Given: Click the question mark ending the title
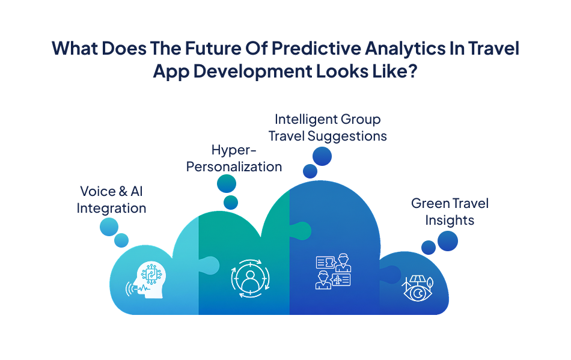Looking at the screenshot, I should coord(412,71).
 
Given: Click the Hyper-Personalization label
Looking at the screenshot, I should coord(234,158).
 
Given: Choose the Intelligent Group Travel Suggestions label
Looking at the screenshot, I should coord(328,127).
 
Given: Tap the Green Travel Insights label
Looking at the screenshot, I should coord(450,212).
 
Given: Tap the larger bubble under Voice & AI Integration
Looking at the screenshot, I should coord(109,227).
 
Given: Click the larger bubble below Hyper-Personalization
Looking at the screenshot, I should coord(227,183).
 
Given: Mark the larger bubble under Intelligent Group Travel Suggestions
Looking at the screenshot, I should coord(322,156).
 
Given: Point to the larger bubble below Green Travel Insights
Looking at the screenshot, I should coord(448,241).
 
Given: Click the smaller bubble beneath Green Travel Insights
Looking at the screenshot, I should coord(429,248).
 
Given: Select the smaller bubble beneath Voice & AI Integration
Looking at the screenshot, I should coord(121,240).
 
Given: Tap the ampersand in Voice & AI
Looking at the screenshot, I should coord(123,192).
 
